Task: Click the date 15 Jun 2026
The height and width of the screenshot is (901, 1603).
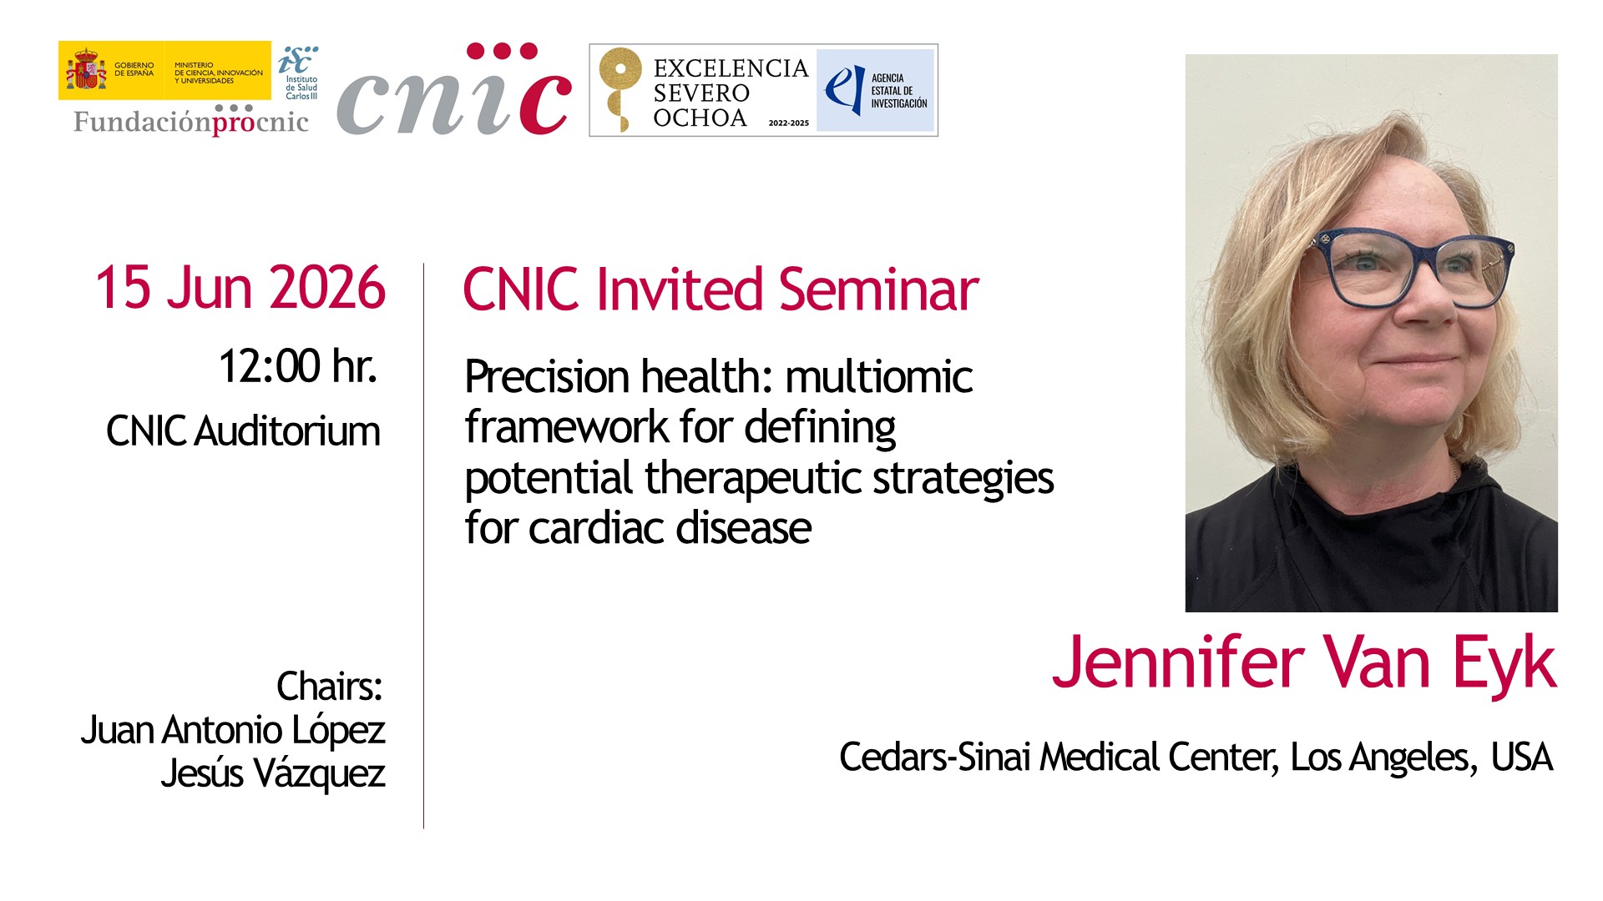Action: click(240, 288)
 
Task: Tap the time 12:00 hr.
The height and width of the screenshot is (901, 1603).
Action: click(298, 366)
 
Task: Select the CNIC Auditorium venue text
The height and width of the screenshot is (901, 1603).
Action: click(243, 431)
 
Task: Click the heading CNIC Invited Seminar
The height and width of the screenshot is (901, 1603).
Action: click(721, 289)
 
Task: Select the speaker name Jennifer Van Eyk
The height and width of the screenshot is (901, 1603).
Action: click(1304, 662)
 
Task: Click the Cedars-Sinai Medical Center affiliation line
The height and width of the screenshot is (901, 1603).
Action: click(1196, 758)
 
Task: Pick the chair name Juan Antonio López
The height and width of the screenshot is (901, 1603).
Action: click(233, 730)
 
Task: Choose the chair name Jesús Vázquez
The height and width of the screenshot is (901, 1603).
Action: click(273, 773)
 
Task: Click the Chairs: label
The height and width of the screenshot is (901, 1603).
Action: click(330, 687)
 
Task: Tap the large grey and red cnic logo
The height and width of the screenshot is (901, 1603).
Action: click(454, 89)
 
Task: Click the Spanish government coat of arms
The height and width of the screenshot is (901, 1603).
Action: click(86, 70)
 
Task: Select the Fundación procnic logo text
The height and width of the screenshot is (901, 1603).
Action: click(191, 121)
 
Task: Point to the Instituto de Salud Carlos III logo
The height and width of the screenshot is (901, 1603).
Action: click(298, 73)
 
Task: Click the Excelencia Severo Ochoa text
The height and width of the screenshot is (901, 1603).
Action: click(731, 93)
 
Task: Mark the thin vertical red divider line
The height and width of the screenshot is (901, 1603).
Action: click(423, 546)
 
